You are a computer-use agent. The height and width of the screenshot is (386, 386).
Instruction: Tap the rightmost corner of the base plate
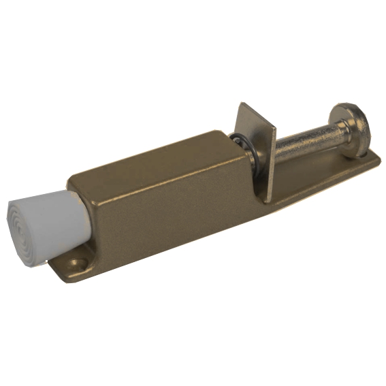pyautogui.click(x=379, y=161)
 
